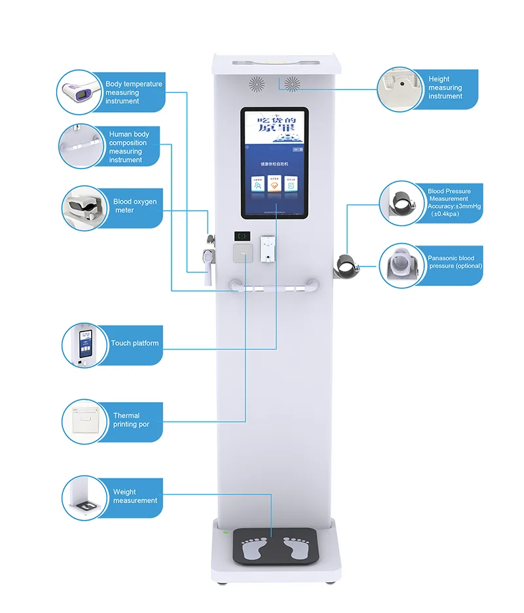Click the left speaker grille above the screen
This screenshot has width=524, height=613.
pos(256,83)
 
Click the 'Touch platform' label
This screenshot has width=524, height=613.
pos(134,343)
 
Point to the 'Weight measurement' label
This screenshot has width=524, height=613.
pos(135,496)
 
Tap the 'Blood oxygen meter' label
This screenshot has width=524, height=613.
pos(135,206)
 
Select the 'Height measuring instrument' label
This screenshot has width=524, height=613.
pos(445,88)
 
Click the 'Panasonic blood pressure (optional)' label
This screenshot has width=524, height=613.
pos(455,262)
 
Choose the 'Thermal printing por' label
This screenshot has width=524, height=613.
pos(131,420)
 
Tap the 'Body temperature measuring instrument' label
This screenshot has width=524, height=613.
pos(134,92)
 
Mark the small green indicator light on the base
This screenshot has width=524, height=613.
pos(226,532)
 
